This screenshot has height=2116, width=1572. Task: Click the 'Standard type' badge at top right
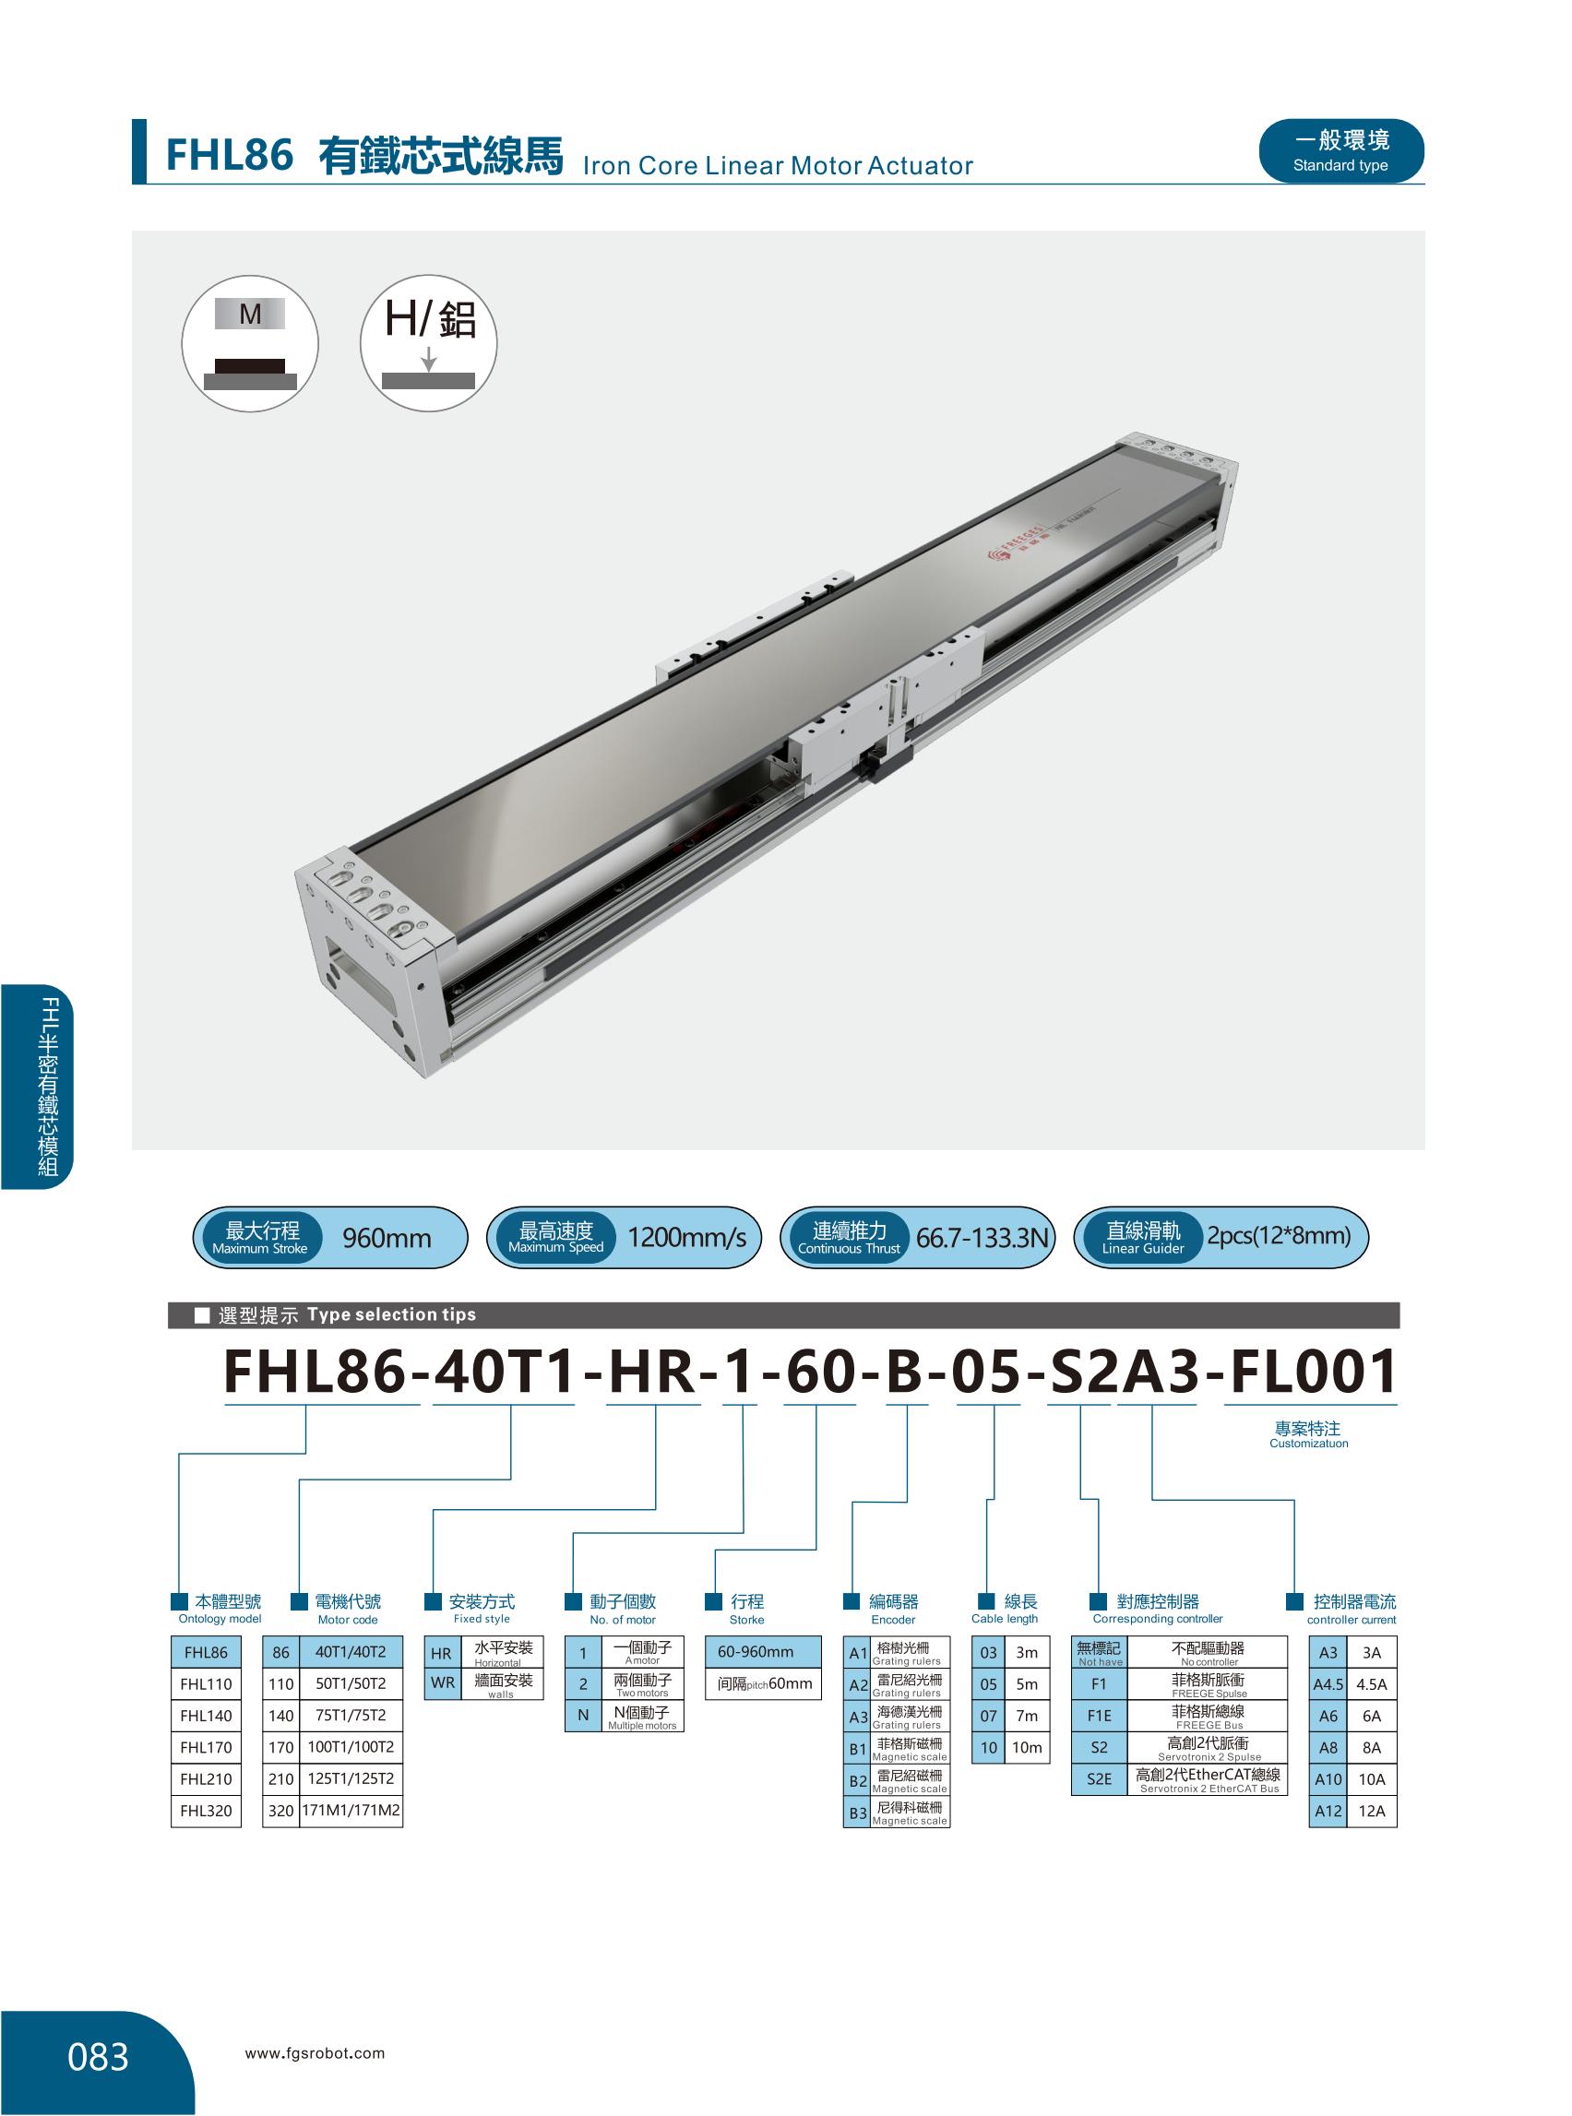coord(1340,151)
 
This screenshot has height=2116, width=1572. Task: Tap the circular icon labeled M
coord(250,343)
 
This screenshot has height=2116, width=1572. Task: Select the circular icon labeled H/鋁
coord(428,343)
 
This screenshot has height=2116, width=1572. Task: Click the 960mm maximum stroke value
coord(387,1238)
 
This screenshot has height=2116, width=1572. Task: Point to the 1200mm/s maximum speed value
coord(686,1238)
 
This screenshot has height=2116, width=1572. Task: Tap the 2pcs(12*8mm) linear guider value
coord(1279,1236)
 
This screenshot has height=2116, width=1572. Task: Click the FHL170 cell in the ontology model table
coord(207,1747)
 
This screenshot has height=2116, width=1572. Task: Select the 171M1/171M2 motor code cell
coord(351,1811)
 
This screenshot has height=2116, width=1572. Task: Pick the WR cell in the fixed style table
coord(444,1683)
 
